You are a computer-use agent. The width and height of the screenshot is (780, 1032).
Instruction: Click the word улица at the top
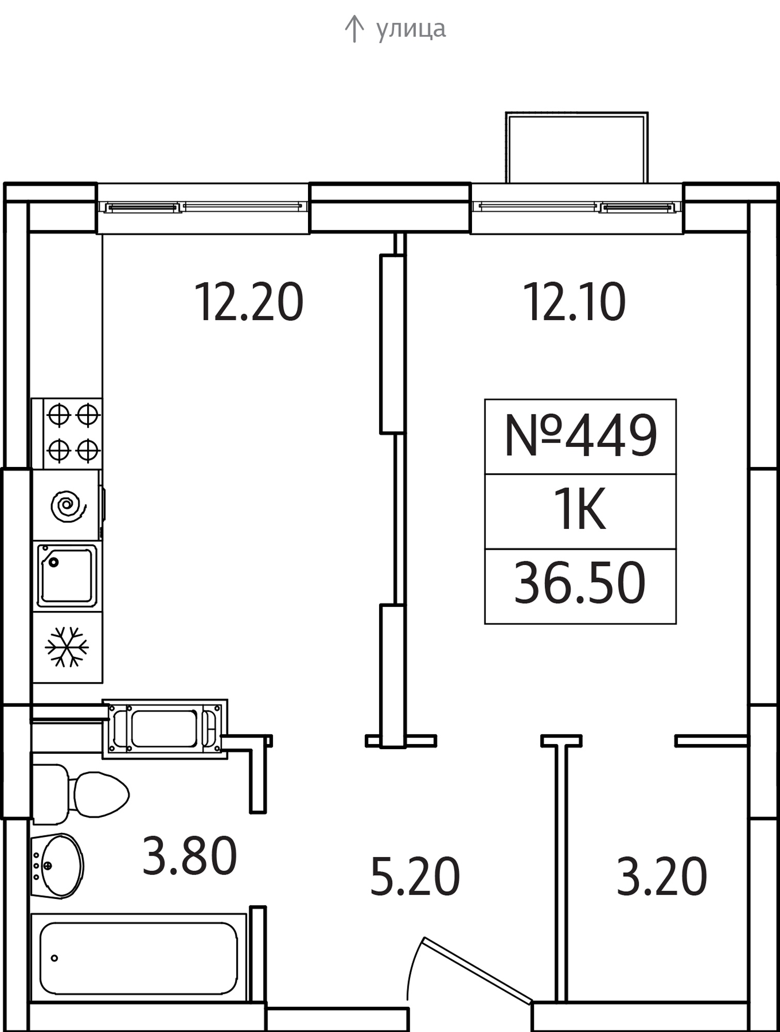coord(411,29)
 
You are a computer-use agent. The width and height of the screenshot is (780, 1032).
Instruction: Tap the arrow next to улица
coord(354,29)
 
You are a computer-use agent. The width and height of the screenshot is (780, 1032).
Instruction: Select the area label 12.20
coord(249,302)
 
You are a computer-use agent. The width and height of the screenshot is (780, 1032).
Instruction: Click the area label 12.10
coord(575,302)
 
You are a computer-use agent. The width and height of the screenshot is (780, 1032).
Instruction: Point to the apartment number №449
coord(581,437)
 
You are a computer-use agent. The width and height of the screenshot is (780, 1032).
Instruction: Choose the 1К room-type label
coord(580,511)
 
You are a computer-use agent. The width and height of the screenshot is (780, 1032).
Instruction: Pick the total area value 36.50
coord(580,583)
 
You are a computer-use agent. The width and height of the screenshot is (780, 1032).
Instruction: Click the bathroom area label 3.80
coord(189,856)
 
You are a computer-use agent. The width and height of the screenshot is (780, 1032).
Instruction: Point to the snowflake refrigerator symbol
coord(67,647)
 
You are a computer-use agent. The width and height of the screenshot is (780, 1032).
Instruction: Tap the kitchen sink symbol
coord(67,575)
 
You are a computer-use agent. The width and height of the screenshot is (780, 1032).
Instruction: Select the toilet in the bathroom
coord(80,794)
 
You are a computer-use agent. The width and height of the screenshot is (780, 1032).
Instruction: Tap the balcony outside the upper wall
coord(577,148)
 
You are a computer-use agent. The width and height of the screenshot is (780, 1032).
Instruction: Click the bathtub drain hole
coord(54,958)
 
